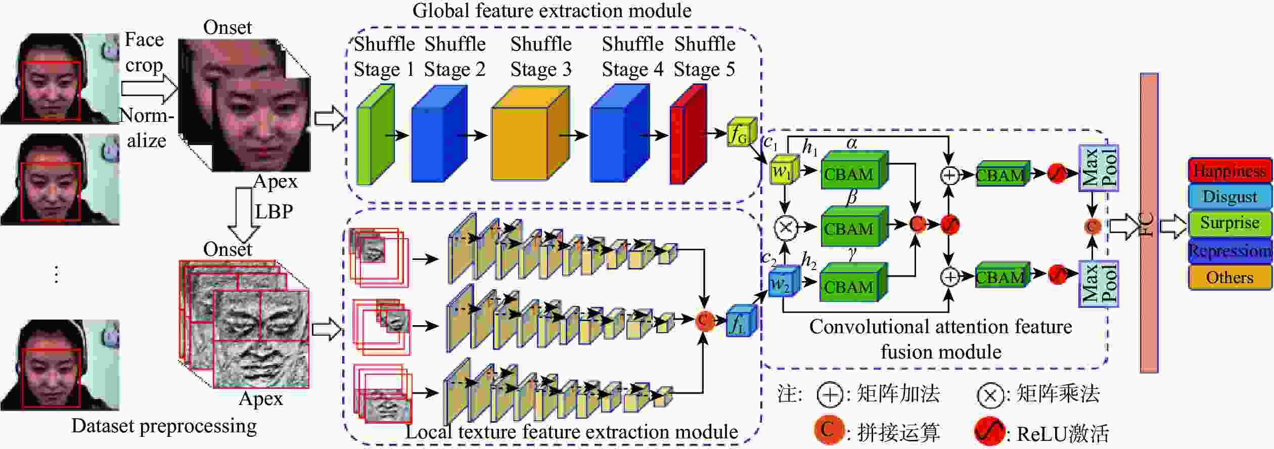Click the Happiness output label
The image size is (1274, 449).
1229,171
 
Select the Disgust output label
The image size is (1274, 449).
1229,197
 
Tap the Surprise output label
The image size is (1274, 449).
1229,223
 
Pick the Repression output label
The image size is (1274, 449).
1229,251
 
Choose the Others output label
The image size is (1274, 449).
1229,278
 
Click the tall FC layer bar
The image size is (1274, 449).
1149,222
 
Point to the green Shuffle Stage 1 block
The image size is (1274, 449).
375,134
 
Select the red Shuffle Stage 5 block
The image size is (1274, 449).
687,134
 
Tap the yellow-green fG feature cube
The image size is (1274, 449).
741,133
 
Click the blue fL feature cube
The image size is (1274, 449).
741,322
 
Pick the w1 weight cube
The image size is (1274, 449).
784,171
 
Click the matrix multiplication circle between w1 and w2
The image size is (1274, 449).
785,227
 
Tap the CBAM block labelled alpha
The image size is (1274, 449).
853,171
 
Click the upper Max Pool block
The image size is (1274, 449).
1098,168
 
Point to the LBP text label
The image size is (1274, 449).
274,211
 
